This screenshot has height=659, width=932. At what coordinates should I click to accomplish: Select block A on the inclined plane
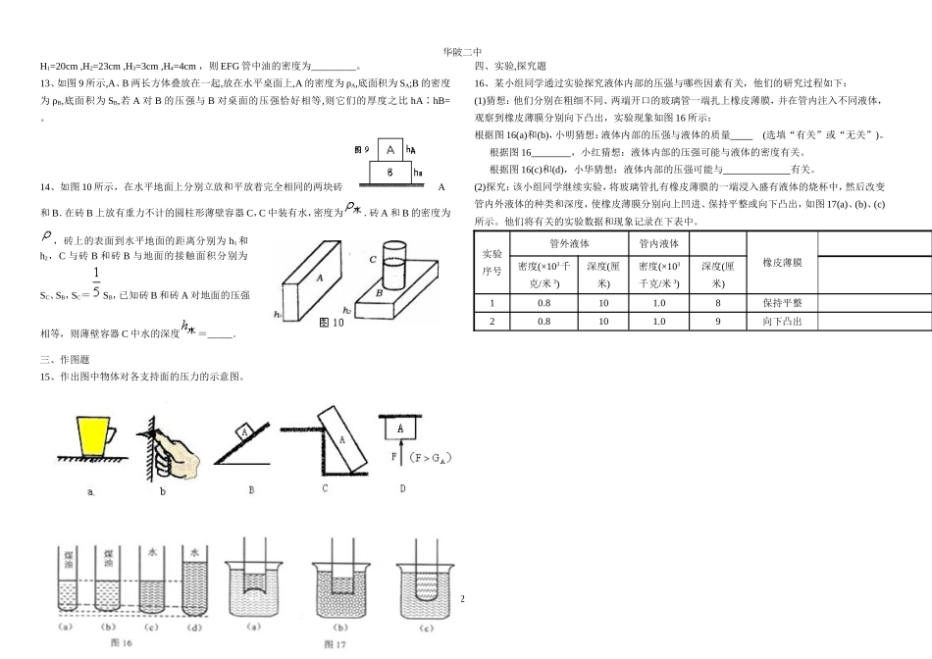click(x=245, y=431)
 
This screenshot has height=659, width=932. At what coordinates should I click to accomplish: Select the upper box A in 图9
click(x=390, y=150)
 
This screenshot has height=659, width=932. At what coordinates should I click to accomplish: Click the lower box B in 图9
click(x=390, y=171)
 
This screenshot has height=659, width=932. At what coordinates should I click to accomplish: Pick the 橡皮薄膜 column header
click(x=782, y=263)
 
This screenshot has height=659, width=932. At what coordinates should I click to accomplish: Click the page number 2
click(x=463, y=599)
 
